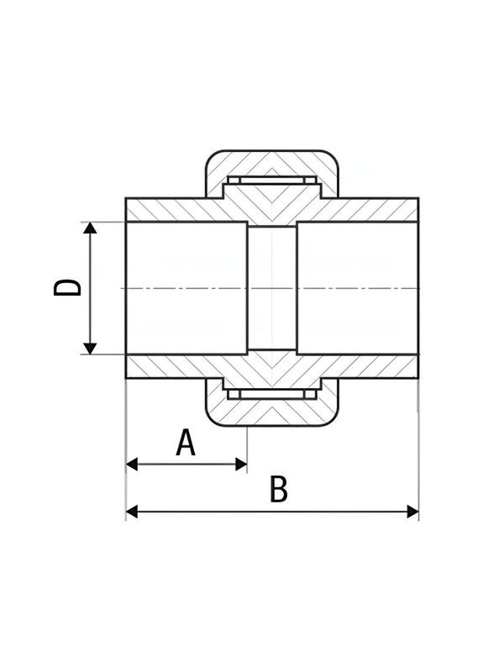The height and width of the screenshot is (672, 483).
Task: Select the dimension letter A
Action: pyautogui.click(x=186, y=442)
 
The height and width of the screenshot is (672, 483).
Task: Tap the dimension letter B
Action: pyautogui.click(x=278, y=490)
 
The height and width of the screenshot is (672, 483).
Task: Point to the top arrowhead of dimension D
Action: pyautogui.click(x=91, y=229)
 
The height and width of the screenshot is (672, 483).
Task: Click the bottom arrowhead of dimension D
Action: pyautogui.click(x=91, y=348)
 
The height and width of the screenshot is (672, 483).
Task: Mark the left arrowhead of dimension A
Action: pyautogui.click(x=132, y=464)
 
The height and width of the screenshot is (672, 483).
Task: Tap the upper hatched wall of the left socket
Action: pyautogui.click(x=172, y=210)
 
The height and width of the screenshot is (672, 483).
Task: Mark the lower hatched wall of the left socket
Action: pyautogui.click(x=172, y=366)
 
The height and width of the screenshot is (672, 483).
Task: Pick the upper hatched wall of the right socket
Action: pyautogui.click(x=378, y=210)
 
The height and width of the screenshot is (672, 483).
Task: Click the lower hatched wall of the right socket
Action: pyautogui.click(x=378, y=366)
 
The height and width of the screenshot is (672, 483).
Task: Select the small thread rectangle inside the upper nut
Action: pyautogui.click(x=271, y=181)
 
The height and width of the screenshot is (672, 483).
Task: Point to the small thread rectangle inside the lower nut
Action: pyautogui.click(x=271, y=394)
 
